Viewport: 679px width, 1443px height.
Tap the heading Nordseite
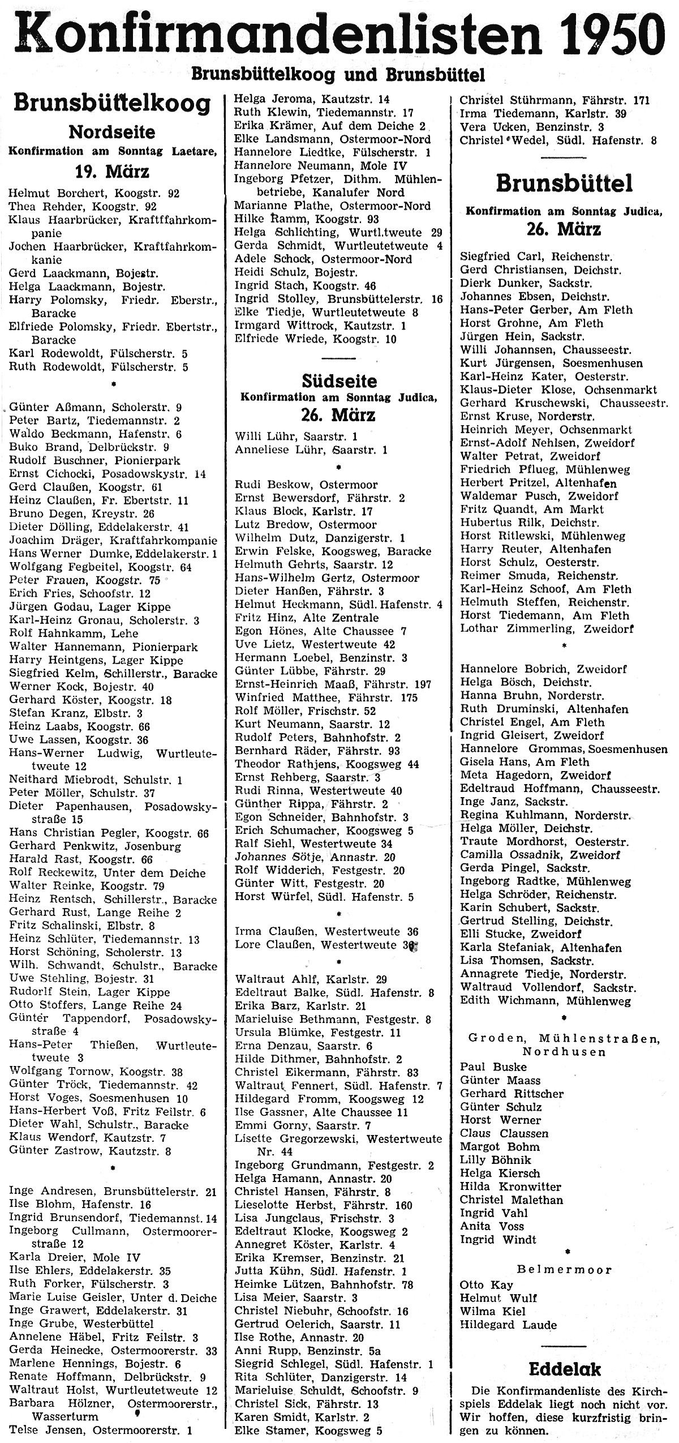tap(111, 132)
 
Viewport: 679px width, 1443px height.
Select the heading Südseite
tap(339, 381)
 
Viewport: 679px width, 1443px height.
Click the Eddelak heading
tap(565, 1369)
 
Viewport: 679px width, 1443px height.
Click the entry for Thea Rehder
tap(83, 207)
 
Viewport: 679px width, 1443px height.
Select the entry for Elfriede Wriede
tap(316, 340)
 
